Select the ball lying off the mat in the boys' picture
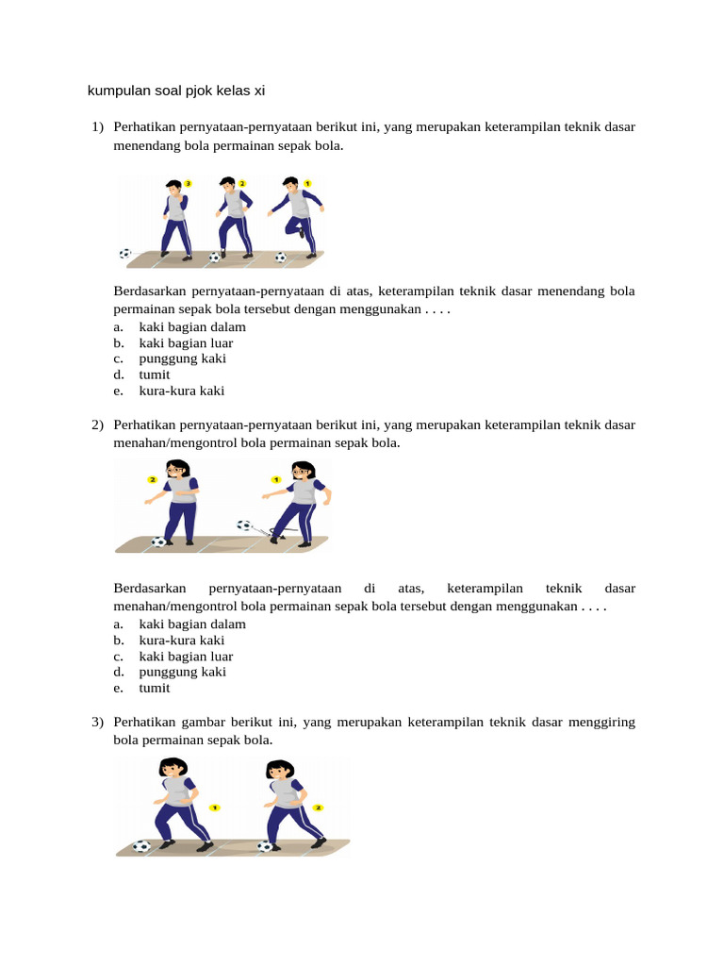125,253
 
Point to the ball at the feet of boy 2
215,257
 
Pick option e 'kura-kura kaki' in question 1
181,391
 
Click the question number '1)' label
97,125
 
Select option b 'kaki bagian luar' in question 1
186,342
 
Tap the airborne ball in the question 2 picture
244,525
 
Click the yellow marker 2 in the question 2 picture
152,479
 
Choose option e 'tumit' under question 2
155,688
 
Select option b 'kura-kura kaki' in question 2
181,640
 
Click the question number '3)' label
97,722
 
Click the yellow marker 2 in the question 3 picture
318,808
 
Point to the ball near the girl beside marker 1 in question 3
141,846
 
